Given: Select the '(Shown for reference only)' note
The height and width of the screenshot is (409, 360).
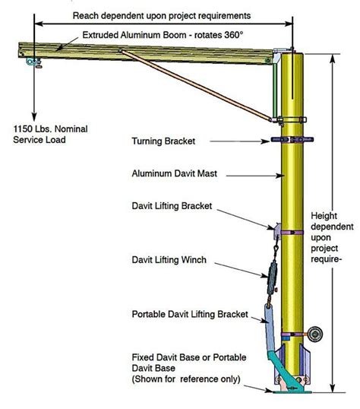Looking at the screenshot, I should pos(186,378).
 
